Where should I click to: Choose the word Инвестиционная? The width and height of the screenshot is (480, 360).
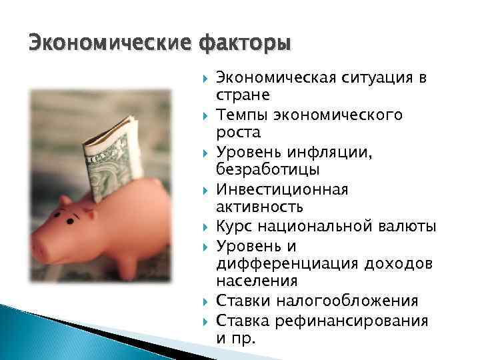coord(282,190)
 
